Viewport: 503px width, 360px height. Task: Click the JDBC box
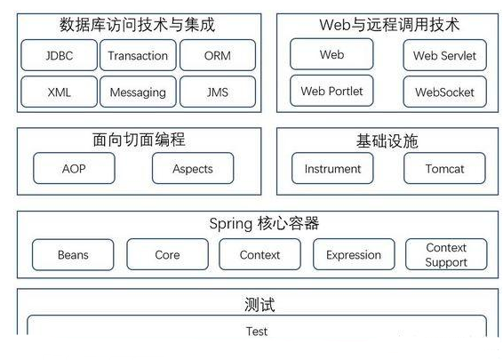coord(60,56)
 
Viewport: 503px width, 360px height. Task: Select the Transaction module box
coord(138,56)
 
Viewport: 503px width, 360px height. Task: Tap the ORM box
coord(217,56)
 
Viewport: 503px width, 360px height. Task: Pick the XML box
coord(60,92)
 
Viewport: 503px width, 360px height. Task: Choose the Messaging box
coord(138,92)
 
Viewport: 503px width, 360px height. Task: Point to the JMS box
coord(217,92)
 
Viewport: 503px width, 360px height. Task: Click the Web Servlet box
coord(444,56)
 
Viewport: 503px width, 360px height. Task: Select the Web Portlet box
coord(331,91)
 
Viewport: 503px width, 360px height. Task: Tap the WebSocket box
coord(444,92)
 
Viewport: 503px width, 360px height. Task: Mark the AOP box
coord(74,169)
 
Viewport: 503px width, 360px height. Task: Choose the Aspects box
coord(193,169)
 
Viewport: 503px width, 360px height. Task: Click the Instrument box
coord(332,169)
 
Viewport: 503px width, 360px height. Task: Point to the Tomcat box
coord(444,169)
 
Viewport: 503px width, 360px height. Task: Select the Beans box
coord(73,255)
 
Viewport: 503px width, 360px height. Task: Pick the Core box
coord(167,255)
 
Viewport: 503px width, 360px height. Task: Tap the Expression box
coord(353,255)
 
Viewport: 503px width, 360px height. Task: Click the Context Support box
coord(446,255)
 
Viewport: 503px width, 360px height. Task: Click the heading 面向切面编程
coord(139,140)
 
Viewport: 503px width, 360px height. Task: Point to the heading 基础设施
coord(388,140)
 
